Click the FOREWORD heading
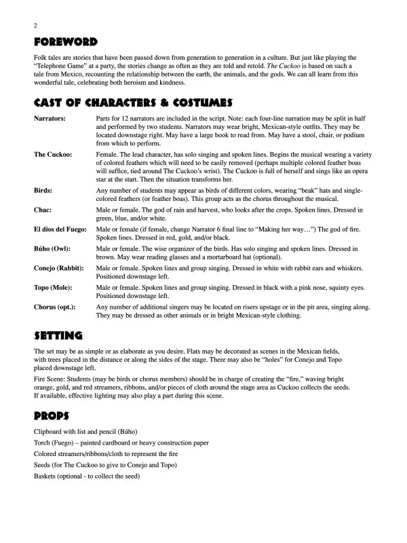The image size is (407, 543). [66, 42]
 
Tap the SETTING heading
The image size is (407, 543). [58, 335]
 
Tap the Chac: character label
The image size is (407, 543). [43, 210]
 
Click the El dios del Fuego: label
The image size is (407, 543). [60, 230]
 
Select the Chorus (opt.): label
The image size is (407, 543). [55, 307]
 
